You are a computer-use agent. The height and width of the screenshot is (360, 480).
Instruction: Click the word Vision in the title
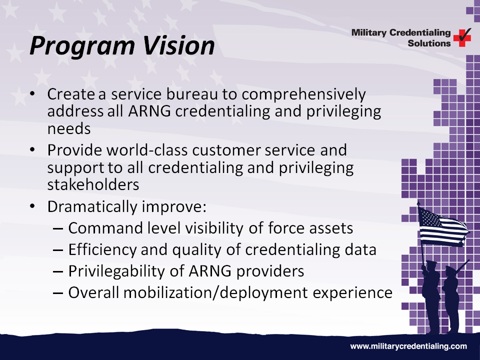[178, 45]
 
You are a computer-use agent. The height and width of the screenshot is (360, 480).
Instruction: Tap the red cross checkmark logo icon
[462, 37]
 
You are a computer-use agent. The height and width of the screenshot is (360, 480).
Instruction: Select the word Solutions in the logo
[429, 43]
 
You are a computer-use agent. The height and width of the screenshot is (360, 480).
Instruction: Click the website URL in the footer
[408, 346]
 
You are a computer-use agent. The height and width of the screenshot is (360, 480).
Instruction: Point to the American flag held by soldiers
[442, 226]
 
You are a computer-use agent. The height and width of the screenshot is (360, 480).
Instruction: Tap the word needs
[69, 129]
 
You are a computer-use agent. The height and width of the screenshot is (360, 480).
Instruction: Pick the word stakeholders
[93, 184]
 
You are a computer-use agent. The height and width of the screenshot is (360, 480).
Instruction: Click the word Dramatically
[92, 207]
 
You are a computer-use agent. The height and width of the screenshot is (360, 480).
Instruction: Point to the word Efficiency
[102, 250]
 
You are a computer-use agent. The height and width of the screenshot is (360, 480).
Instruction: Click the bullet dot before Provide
[32, 150]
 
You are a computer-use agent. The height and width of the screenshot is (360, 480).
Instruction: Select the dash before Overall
[58, 293]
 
